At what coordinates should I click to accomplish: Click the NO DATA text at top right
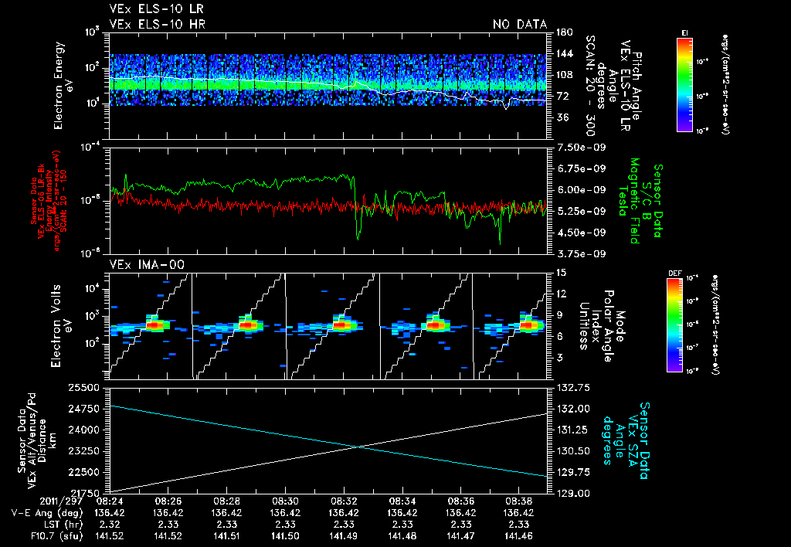[519, 24]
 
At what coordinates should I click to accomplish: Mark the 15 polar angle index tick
[559, 272]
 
